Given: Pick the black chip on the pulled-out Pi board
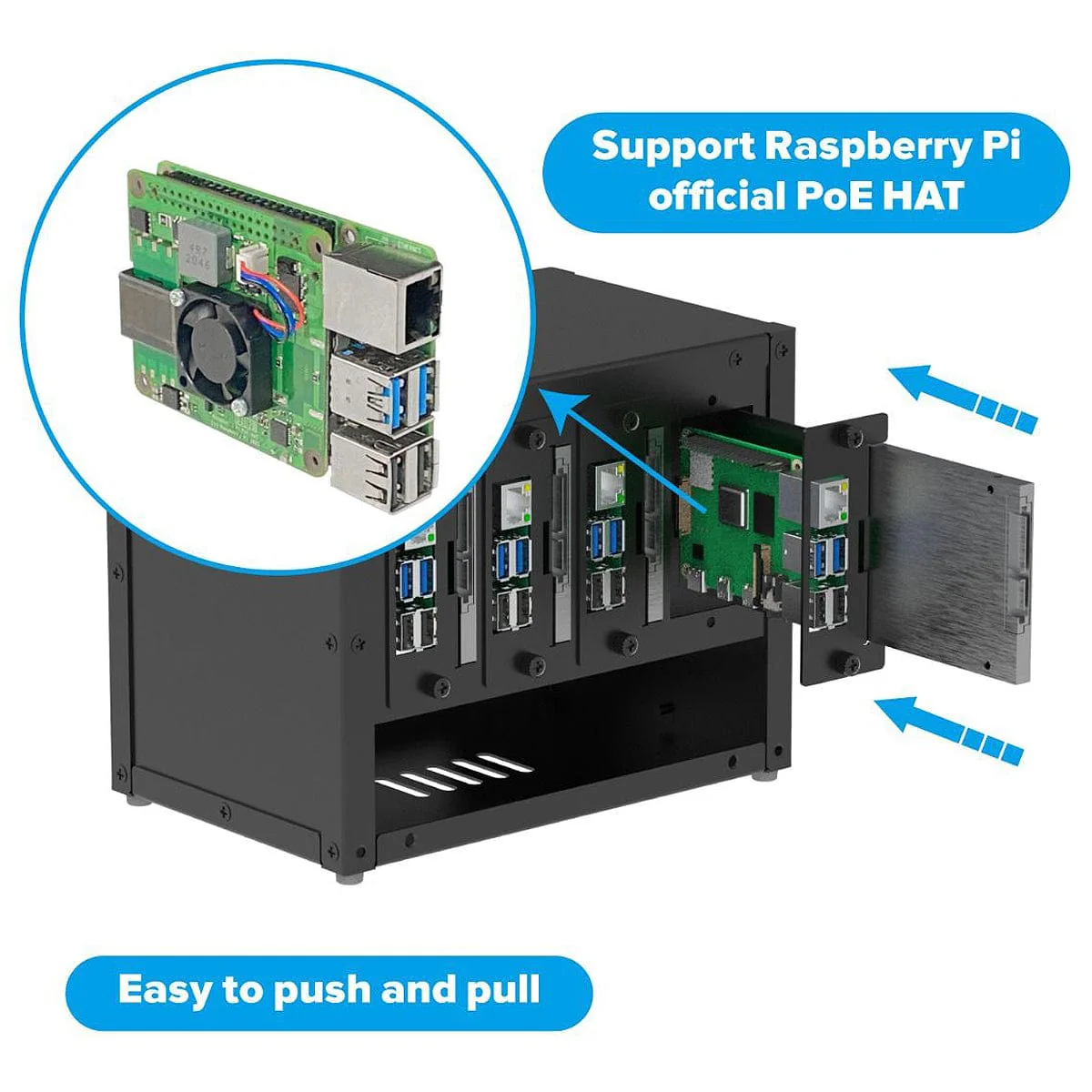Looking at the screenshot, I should tap(733, 505).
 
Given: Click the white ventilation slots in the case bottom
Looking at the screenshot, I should tap(455, 772).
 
